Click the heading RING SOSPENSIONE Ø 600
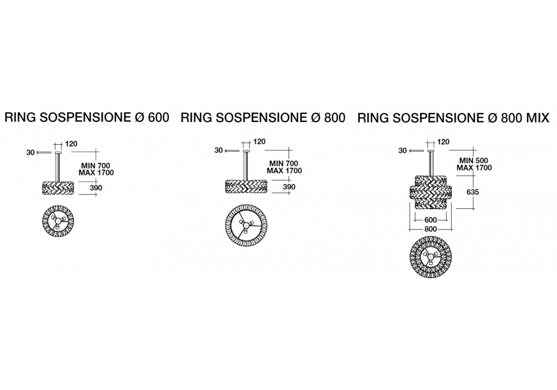[x=87, y=118]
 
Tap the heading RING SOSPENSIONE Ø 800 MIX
[x=453, y=118]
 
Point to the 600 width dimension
[x=430, y=220]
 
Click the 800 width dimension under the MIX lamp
[x=430, y=229]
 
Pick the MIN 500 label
[x=470, y=161]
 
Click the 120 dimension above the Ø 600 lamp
[x=71, y=144]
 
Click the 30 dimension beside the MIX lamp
[x=403, y=150]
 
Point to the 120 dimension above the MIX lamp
[x=443, y=143]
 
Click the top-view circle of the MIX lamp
[x=430, y=259]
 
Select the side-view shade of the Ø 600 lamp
[x=58, y=188]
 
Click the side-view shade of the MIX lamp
[x=430, y=192]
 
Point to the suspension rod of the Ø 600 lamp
[x=58, y=167]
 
